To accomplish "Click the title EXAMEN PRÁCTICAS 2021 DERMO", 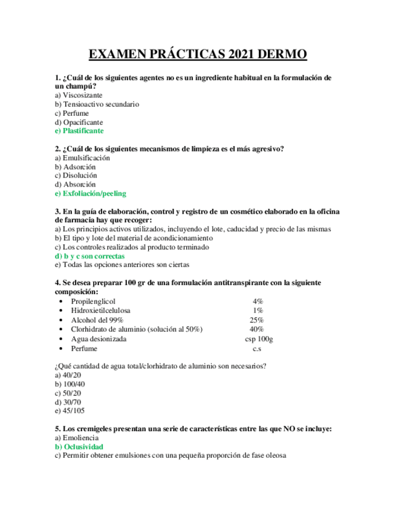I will click(x=198, y=55).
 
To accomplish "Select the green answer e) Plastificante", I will click(x=79, y=130).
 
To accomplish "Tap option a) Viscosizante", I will click(x=78, y=95).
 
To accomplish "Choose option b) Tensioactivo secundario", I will click(x=97, y=104).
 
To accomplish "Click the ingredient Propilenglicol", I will click(x=93, y=301).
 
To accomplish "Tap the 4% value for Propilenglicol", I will click(x=258, y=301).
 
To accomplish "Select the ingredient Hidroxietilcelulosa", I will click(x=100, y=310).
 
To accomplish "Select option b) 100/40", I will click(x=70, y=384).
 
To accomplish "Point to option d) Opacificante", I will click(x=79, y=122).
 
